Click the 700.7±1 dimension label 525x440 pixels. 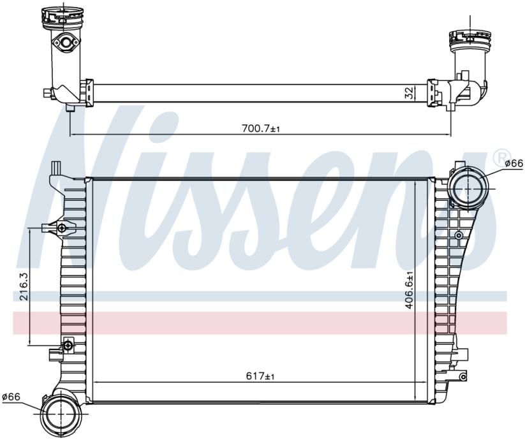point(260,129)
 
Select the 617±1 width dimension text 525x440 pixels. point(260,376)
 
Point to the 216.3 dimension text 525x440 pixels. point(25,286)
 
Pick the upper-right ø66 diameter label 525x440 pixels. point(514,163)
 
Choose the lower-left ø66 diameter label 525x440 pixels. point(11,397)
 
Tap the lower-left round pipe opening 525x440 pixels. point(59,414)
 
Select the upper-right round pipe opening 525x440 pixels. point(468,188)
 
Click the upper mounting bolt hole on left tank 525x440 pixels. point(62,228)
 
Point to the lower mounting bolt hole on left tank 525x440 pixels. point(68,345)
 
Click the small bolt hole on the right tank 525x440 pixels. point(459,235)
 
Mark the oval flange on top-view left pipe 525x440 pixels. point(65,42)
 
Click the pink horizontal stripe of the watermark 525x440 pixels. point(260,323)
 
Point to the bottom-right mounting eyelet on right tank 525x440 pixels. point(463,376)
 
